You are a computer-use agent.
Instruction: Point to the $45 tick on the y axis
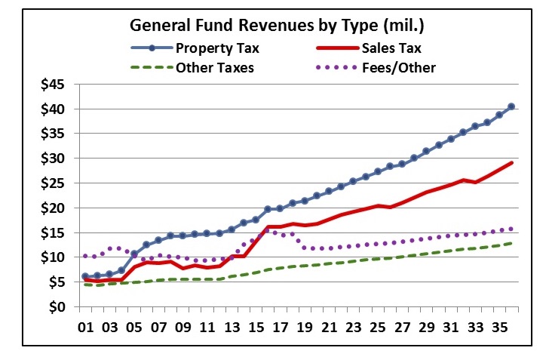(53, 84)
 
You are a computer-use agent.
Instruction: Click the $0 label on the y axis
(58, 307)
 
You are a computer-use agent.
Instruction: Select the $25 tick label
(53, 183)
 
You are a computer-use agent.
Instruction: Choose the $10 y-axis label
(53, 257)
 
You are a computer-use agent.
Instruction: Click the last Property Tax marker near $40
(511, 106)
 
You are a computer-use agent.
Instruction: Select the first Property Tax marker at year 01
(85, 276)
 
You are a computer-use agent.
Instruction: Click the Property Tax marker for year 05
(133, 254)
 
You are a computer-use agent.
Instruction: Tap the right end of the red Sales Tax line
(512, 162)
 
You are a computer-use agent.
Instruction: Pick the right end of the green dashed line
(512, 243)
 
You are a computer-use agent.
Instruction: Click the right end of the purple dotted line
(512, 229)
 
